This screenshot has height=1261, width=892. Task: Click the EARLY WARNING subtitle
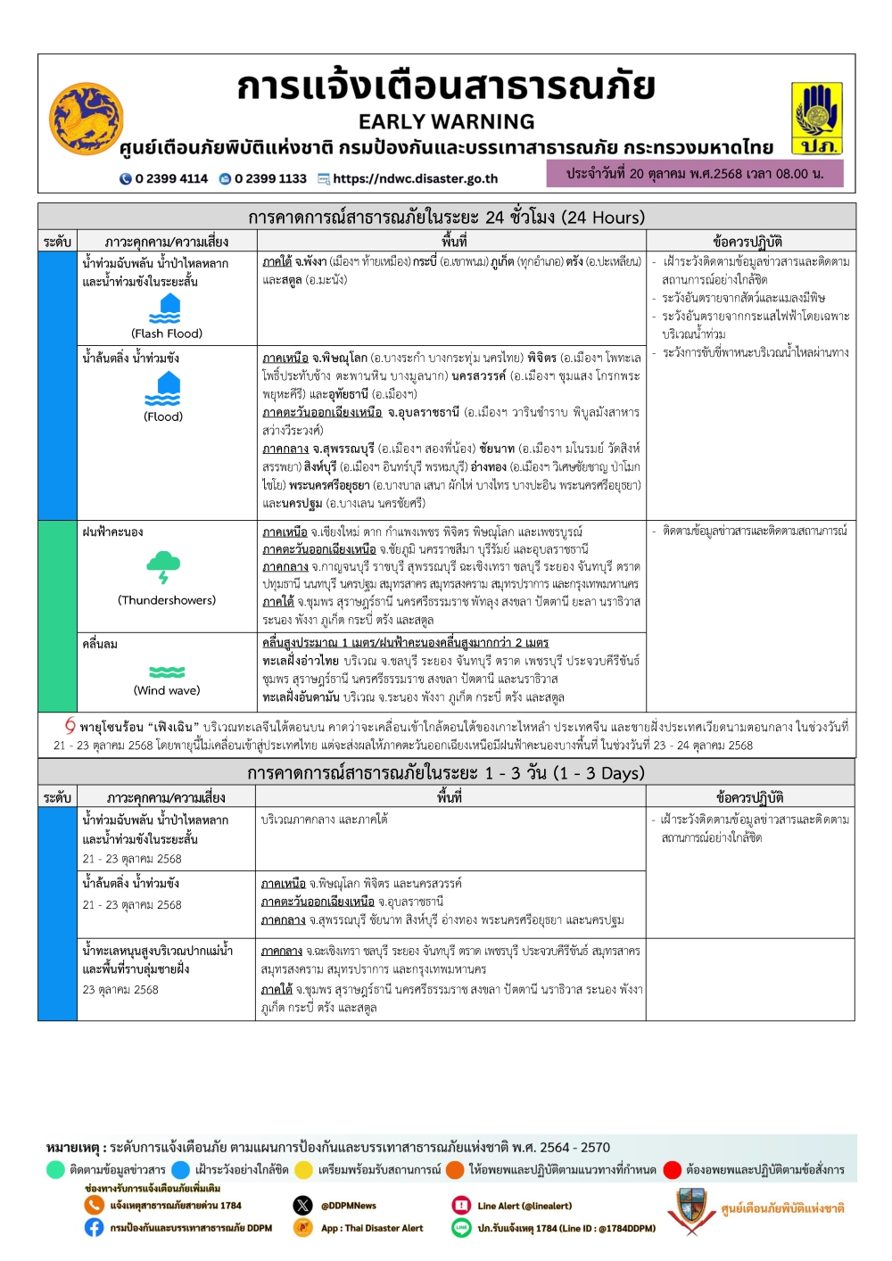coord(446,122)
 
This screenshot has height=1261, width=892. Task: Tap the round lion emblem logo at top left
coord(86,120)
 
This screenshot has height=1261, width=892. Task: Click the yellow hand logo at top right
coord(817,119)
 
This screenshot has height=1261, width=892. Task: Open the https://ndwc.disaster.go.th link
coord(415,178)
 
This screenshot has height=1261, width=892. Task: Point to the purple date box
coord(694,173)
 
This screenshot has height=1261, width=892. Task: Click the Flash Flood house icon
coord(164,309)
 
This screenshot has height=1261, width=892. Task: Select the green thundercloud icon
coord(163,566)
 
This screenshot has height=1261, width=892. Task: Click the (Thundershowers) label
coord(167,600)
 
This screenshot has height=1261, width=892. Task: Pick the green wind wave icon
coord(167,672)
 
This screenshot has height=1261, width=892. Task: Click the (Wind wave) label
coord(167,690)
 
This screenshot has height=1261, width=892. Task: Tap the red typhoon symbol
coord(70,726)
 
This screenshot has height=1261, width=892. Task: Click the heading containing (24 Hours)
coord(446,217)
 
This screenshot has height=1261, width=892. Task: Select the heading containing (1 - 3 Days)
coord(446,773)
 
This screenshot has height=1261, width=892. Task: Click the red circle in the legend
coord(673,1170)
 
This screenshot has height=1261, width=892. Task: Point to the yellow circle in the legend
coord(304,1170)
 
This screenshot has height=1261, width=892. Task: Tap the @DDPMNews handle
coord(348,1206)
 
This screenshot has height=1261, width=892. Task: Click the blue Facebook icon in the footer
coord(95,1228)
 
